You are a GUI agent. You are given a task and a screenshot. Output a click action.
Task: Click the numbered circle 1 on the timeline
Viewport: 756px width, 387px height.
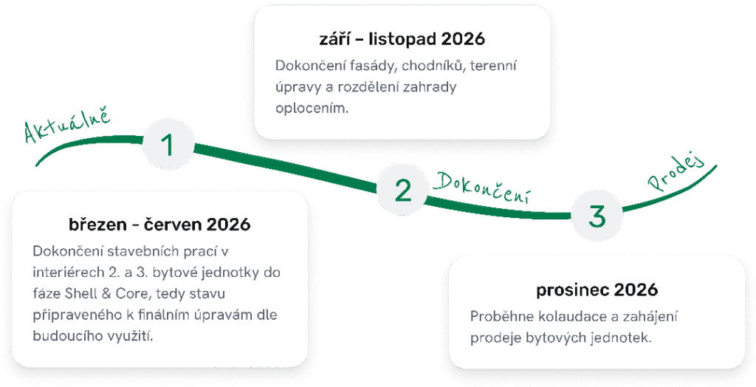(168, 145)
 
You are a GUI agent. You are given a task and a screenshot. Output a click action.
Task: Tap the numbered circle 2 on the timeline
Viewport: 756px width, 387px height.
(403, 190)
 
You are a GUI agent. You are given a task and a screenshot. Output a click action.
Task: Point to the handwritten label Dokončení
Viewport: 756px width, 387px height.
(483, 187)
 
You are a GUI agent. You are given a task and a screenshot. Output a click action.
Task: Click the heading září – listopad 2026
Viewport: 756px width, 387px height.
(402, 39)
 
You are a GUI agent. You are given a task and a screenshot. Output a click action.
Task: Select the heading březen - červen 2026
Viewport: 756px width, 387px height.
(159, 224)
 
